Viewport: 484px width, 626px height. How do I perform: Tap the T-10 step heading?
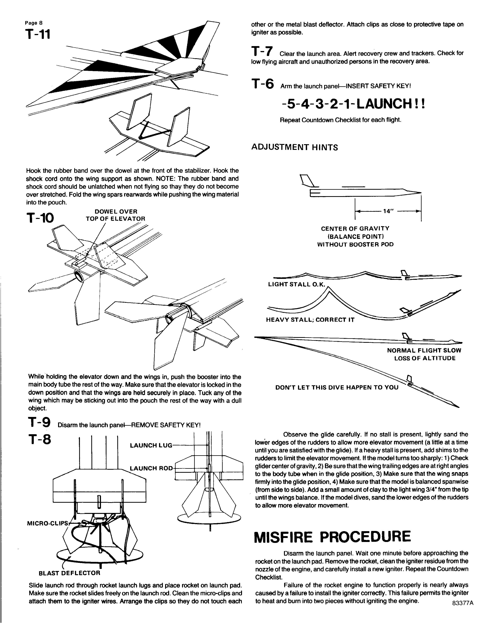(40, 218)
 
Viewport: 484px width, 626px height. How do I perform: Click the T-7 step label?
(262, 52)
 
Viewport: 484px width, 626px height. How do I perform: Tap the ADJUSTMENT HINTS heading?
(294, 147)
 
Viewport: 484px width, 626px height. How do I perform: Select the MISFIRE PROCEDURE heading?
(333, 537)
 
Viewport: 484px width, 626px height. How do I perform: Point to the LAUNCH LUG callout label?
(151, 445)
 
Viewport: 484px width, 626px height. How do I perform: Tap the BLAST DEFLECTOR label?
(69, 573)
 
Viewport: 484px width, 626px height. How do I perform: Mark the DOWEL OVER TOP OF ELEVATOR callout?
(116, 215)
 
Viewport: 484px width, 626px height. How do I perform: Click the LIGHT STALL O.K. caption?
(296, 285)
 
